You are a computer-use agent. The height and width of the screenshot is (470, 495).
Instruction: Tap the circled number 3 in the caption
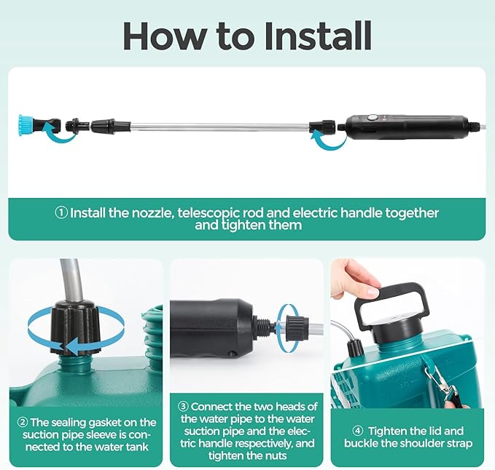click(184, 407)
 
